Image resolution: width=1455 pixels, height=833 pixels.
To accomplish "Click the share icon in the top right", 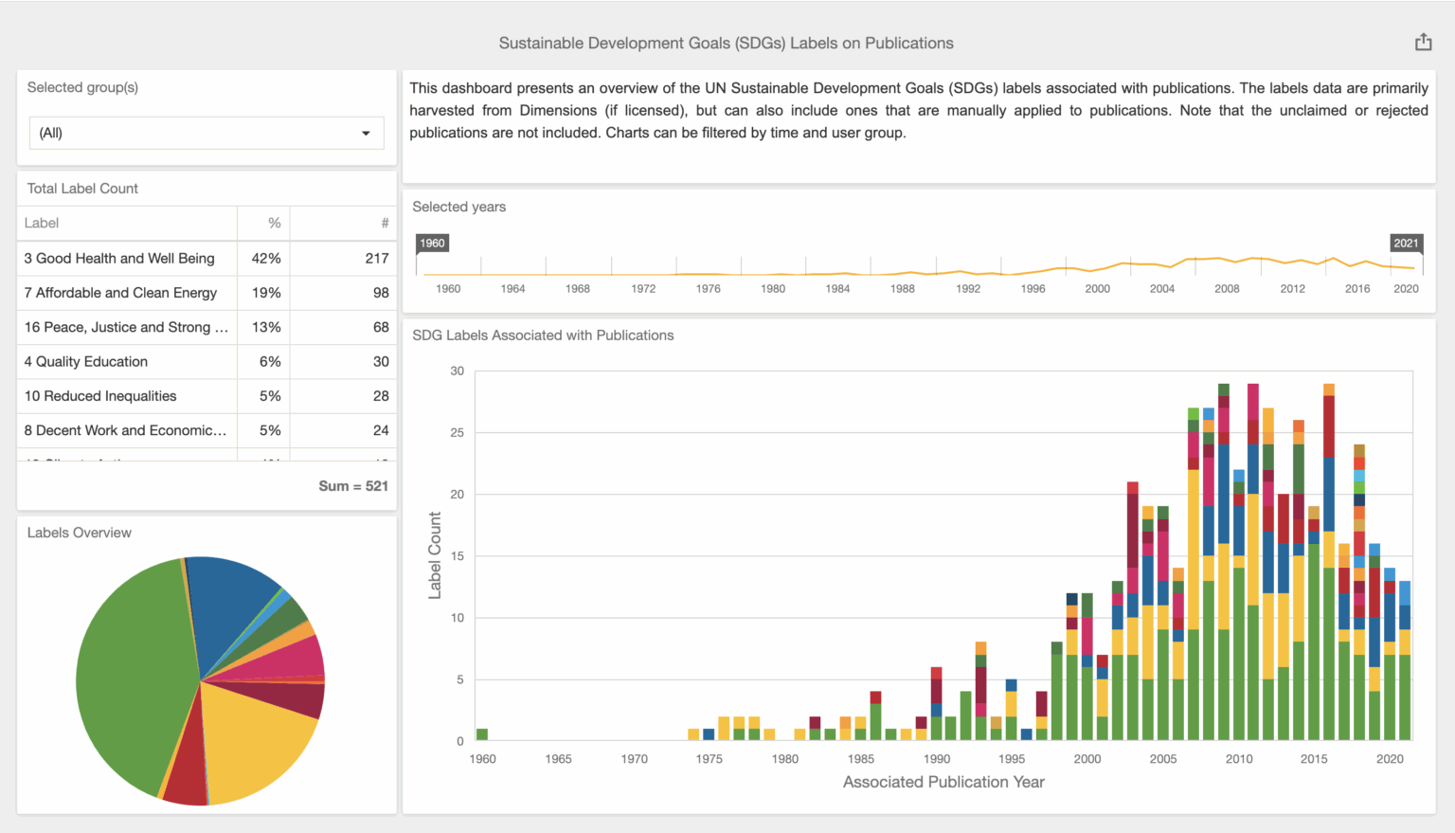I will pos(1423,42).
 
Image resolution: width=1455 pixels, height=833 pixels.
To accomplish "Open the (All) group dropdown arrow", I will pos(366,134).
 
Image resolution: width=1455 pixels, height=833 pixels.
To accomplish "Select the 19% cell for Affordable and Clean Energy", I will pos(265,293).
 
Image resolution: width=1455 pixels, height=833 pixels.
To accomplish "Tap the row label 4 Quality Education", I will pos(86,361).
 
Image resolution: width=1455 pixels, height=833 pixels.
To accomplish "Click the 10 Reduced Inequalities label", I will pos(100,396).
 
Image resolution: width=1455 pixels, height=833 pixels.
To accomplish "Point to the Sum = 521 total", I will pos(352,486).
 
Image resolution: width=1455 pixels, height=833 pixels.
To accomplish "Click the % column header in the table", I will pos(274,223).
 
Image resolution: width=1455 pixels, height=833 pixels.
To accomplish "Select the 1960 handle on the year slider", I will pos(432,244).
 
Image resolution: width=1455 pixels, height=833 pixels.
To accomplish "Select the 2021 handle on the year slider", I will pos(1406,244).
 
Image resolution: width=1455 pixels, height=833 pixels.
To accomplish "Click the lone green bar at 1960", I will pos(482,734).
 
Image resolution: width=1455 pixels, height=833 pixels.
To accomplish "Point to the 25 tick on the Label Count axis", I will pos(457,433).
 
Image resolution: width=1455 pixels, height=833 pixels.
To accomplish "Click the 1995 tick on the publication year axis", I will pos(1011,759).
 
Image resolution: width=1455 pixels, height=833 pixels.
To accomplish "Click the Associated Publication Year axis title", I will pos(943,782).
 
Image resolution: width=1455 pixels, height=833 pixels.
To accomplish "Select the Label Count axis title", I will pos(435,555).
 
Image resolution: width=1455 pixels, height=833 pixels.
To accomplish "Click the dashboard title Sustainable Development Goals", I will pos(726,44).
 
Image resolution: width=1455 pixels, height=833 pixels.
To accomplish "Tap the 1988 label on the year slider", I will pos(902,289).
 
